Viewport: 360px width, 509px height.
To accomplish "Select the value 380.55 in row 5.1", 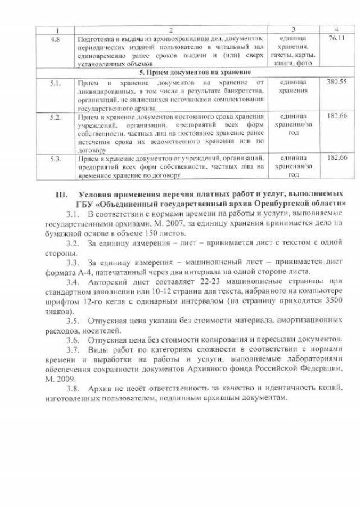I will [336, 82].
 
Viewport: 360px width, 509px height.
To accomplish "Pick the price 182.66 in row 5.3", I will [336, 159].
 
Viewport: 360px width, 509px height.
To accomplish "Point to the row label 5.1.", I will [55, 82].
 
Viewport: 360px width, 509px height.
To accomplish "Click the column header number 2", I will [170, 29].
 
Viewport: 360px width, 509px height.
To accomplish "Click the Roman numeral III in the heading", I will [61, 194].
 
